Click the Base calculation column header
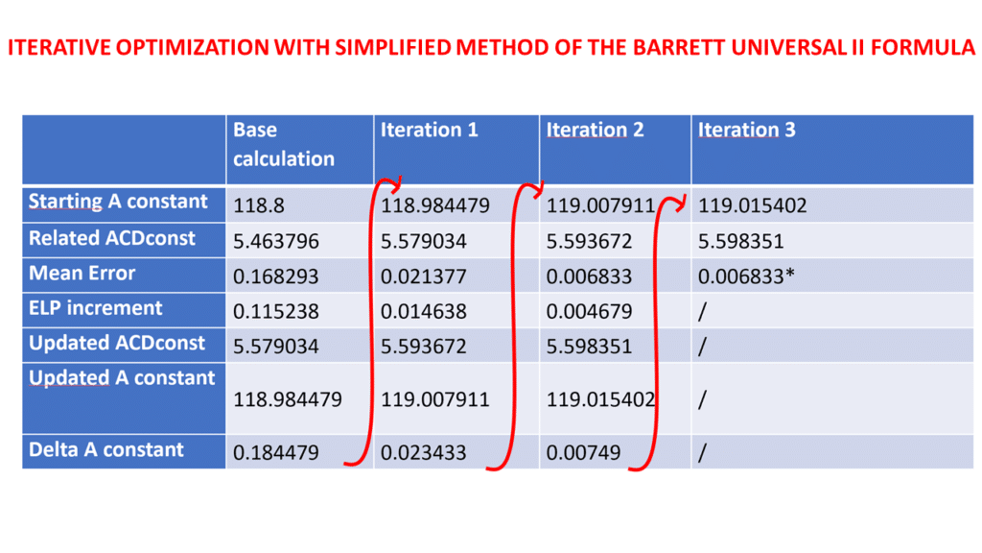tap(284, 144)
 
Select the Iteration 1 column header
tap(429, 130)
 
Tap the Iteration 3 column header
tap(746, 130)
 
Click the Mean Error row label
tap(82, 274)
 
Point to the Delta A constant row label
tap(106, 449)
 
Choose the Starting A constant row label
tap(118, 202)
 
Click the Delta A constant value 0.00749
tap(579, 452)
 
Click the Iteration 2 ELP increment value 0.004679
tap(589, 311)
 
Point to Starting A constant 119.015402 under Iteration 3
tap(753, 204)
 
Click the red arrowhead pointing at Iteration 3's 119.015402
tap(683, 203)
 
